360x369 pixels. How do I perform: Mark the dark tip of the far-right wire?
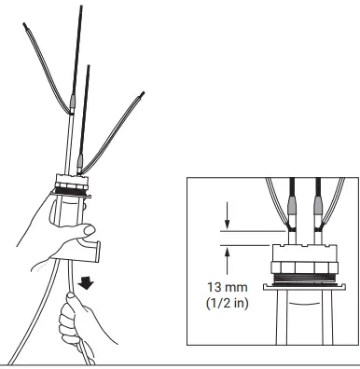(x=141, y=94)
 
